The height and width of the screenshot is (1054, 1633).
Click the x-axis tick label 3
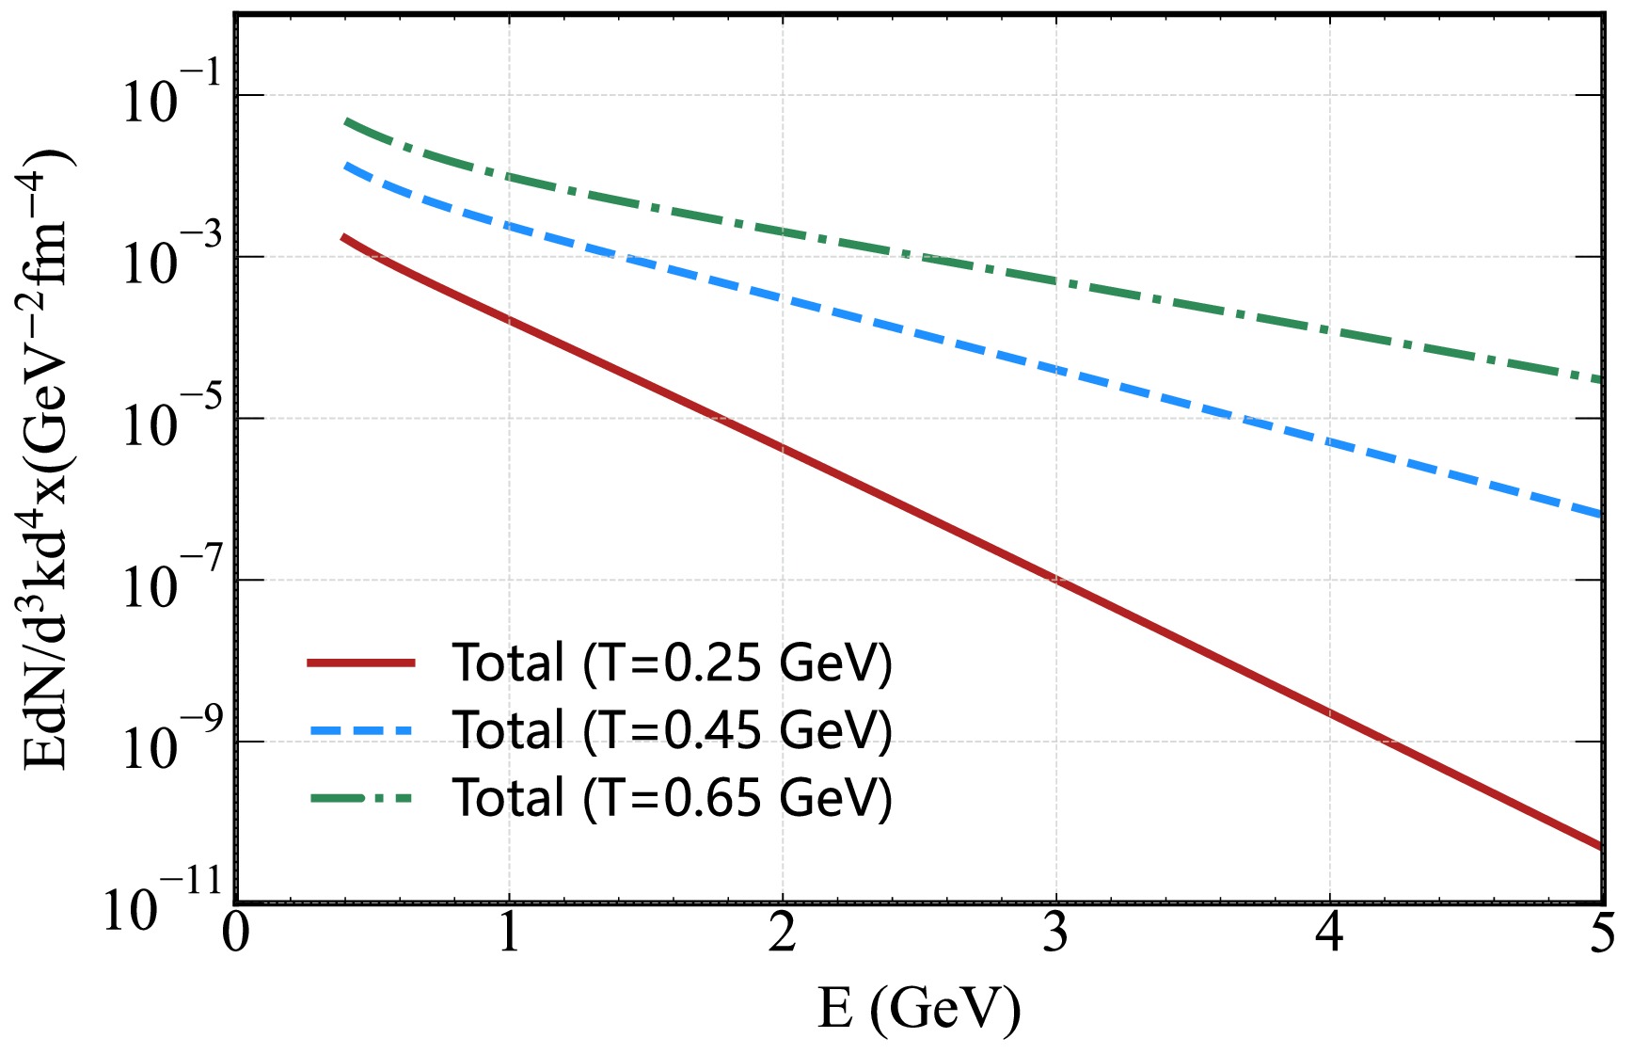click(x=1055, y=934)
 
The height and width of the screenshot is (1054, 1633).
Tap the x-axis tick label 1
click(x=509, y=934)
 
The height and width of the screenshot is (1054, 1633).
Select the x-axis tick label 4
click(x=1328, y=934)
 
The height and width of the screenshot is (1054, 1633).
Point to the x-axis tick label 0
click(x=236, y=934)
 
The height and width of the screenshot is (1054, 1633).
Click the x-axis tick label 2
click(x=782, y=934)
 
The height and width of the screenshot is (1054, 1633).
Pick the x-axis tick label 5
click(x=1601, y=934)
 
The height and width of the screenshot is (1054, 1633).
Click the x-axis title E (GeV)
click(x=919, y=1009)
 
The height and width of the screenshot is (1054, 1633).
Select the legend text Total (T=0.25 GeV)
click(x=672, y=663)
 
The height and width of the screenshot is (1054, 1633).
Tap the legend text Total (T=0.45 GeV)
click(x=672, y=730)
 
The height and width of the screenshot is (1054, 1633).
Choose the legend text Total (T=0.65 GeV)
click(x=672, y=798)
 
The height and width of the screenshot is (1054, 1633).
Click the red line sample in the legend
click(x=361, y=663)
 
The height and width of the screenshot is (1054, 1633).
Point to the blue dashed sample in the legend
click(x=361, y=730)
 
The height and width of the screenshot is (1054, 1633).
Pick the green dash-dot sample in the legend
click(x=361, y=798)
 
